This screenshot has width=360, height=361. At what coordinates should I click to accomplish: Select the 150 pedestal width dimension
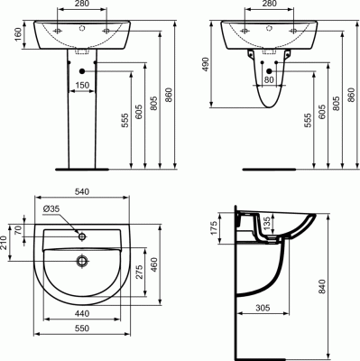click(x=82, y=85)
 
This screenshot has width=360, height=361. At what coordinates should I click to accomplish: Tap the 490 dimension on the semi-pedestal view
click(x=206, y=64)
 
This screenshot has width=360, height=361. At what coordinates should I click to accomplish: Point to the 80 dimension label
click(x=270, y=79)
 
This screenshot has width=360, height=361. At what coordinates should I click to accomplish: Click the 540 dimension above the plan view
click(x=82, y=191)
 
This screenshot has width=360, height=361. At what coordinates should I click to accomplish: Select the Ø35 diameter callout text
click(x=51, y=208)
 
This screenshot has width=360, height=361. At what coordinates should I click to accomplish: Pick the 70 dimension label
click(x=18, y=230)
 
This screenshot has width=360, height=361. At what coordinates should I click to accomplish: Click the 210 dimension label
click(x=4, y=244)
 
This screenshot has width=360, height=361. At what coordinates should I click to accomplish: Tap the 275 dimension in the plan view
click(x=139, y=272)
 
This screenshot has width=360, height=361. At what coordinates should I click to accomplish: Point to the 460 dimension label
click(x=153, y=265)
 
